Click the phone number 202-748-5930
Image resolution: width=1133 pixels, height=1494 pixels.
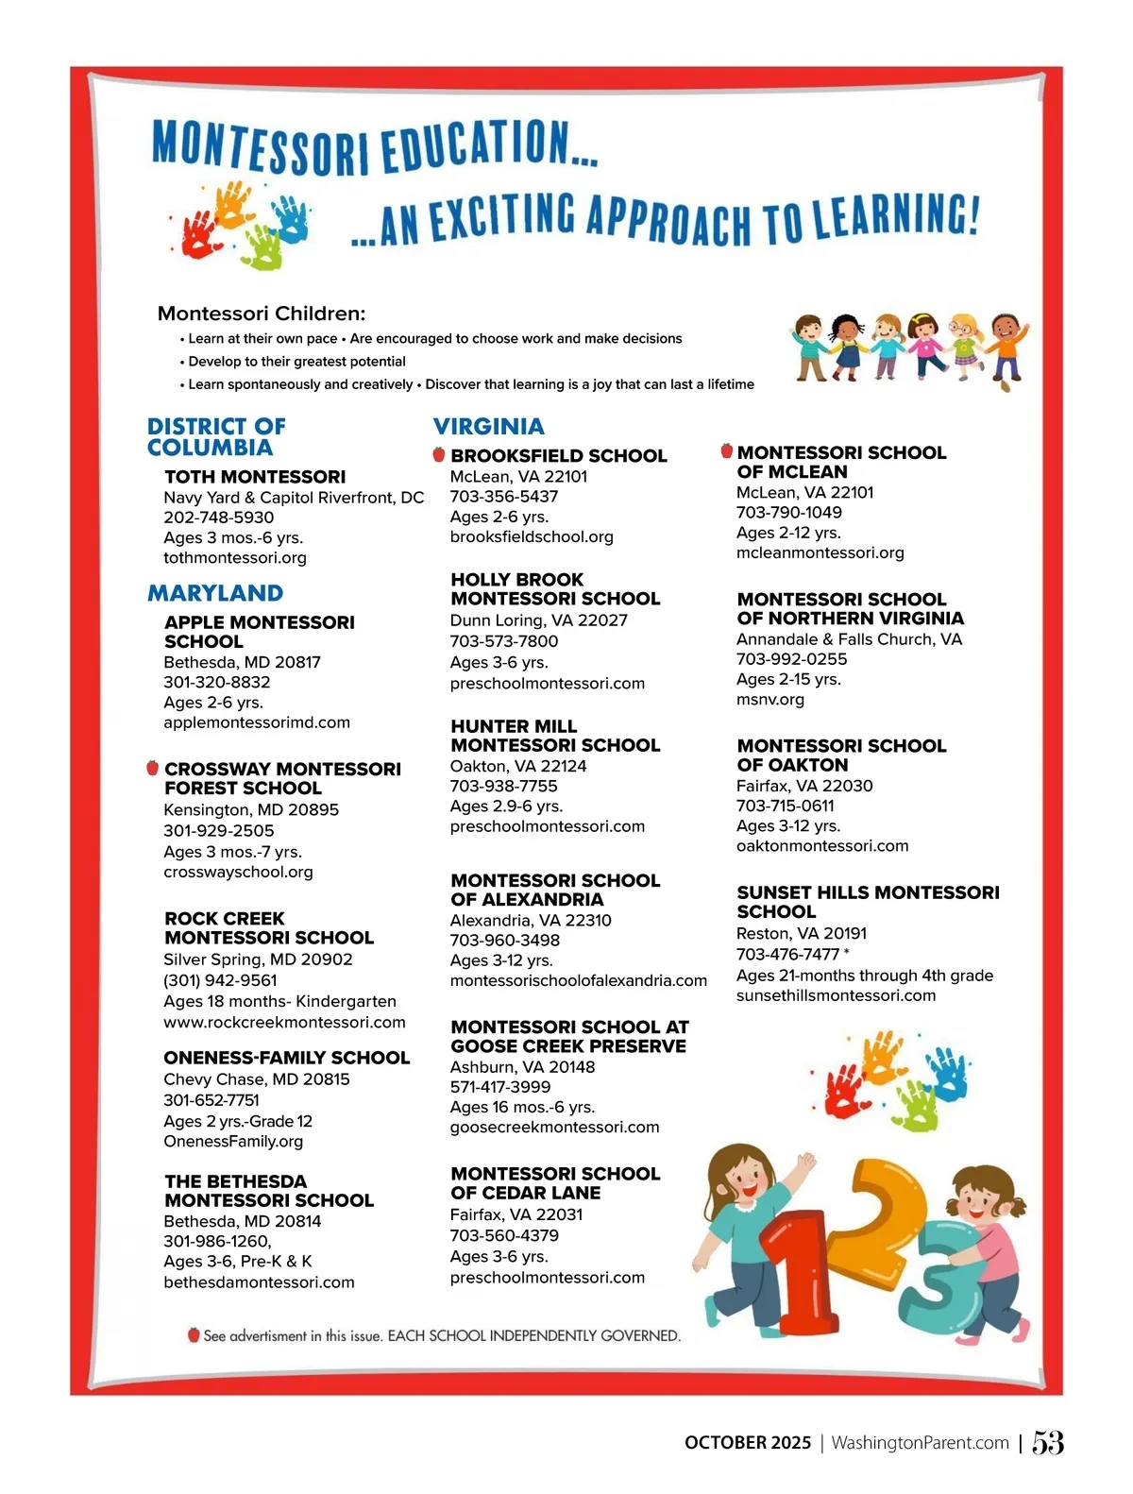point(218,518)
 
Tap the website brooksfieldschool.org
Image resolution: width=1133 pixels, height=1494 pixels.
point(532,536)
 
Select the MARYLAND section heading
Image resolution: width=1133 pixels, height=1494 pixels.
point(215,593)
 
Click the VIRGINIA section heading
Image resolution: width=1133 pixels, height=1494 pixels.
point(488,426)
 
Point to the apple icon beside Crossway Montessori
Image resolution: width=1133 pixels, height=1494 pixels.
point(152,768)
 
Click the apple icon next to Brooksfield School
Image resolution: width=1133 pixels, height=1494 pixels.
point(438,454)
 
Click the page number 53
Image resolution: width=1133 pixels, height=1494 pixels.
point(1047,1442)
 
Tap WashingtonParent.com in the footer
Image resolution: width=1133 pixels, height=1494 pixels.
point(920,1442)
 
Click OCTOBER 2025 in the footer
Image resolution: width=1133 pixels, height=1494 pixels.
point(748,1442)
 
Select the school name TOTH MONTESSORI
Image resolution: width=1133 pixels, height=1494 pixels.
point(255,477)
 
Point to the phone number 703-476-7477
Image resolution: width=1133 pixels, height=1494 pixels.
point(787,954)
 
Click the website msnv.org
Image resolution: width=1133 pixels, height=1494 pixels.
point(770,700)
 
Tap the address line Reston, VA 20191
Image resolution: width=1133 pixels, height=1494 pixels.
point(801,933)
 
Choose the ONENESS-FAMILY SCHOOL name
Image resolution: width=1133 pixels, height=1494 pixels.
point(286,1058)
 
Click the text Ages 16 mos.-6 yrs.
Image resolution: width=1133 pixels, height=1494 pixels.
point(522,1107)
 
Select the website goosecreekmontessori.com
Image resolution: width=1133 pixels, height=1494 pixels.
point(554,1127)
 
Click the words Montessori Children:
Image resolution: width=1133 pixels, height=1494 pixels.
point(262,314)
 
